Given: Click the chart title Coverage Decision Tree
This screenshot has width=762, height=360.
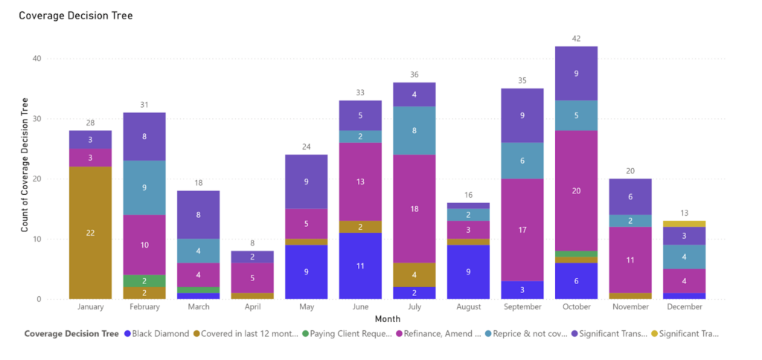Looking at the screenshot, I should (x=75, y=15).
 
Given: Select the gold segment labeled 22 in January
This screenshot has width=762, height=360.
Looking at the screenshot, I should (x=91, y=232).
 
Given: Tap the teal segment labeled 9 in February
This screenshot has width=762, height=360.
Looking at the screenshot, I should (x=144, y=187).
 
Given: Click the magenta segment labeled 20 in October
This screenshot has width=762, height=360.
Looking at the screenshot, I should (x=577, y=190).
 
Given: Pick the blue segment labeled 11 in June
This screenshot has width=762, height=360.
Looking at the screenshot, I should (x=361, y=266).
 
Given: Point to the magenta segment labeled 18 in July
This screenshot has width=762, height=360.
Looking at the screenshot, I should (x=414, y=209).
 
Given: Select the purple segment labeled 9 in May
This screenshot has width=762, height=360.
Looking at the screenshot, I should (x=307, y=181).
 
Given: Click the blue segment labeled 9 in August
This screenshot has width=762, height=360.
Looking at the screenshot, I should (x=468, y=271).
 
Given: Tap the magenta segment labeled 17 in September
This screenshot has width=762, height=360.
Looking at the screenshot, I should (x=522, y=230).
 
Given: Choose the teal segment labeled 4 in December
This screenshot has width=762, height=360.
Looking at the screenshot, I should (x=684, y=257).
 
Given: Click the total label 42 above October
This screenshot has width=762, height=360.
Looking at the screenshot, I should (x=577, y=38).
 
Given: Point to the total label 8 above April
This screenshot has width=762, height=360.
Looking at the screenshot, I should (x=253, y=242).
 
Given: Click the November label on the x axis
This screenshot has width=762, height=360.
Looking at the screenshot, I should (x=630, y=306).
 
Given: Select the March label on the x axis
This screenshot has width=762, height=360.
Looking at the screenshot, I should (x=199, y=306).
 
